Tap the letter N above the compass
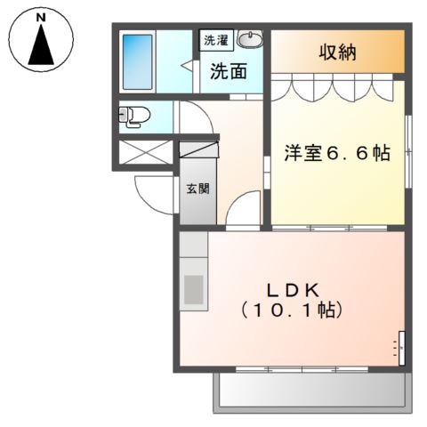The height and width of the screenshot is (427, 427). pos(41,17)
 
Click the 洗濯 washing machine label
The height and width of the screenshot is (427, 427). pos(215,40)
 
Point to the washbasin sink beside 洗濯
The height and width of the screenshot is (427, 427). pos(252,41)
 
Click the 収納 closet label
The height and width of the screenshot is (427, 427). pos(338,52)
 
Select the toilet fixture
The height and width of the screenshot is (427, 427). pos(133,115)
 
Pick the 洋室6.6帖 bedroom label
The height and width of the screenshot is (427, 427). pos(336,152)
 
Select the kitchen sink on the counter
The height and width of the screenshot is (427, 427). pos(193,289)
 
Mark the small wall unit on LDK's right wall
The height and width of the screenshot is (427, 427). pos(400,345)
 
